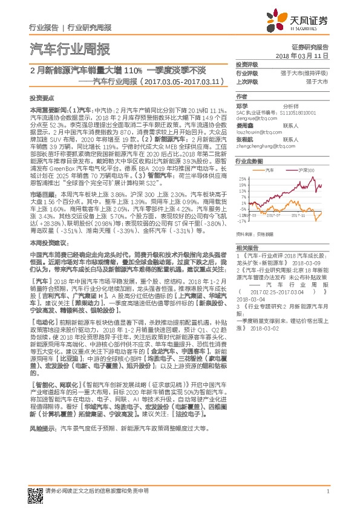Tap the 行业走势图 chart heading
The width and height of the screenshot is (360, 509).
click(249, 161)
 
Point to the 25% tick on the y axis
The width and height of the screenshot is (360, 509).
click(241, 180)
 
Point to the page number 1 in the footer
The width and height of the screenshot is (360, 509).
click(327, 491)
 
